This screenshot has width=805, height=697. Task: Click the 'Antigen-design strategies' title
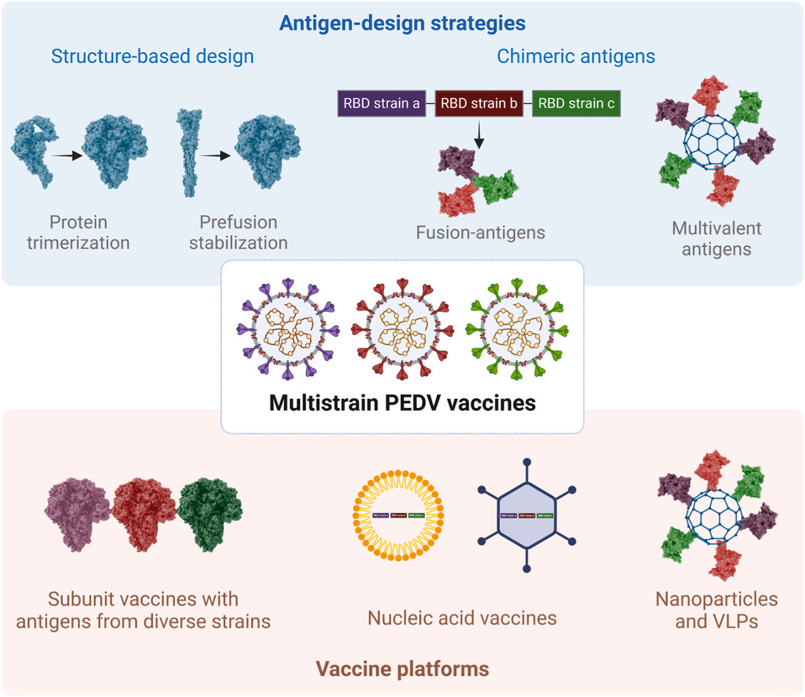(x=402, y=23)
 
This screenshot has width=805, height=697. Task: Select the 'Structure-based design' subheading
(x=152, y=56)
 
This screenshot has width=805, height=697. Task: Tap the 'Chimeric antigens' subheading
(x=575, y=56)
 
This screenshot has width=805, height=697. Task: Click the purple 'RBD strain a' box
(x=381, y=103)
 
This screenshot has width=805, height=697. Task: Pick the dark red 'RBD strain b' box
(x=479, y=103)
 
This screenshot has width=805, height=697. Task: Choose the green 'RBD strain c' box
(x=576, y=103)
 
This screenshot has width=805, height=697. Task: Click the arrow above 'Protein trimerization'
(x=67, y=155)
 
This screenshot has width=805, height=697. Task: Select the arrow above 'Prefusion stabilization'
(x=216, y=155)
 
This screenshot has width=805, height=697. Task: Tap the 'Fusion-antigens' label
(x=480, y=233)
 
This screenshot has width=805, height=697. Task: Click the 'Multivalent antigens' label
(x=716, y=238)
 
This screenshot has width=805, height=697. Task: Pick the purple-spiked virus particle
(x=288, y=329)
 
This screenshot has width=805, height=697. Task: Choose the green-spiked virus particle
(x=517, y=329)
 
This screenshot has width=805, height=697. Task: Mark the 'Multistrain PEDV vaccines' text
(x=402, y=403)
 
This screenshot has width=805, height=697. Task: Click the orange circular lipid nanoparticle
(x=398, y=516)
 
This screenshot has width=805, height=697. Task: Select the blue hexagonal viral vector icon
(x=527, y=516)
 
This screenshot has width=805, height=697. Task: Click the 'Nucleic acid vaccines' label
(x=462, y=618)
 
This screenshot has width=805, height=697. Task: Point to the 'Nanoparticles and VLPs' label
(x=716, y=610)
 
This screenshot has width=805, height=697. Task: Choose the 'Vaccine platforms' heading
(x=402, y=669)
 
